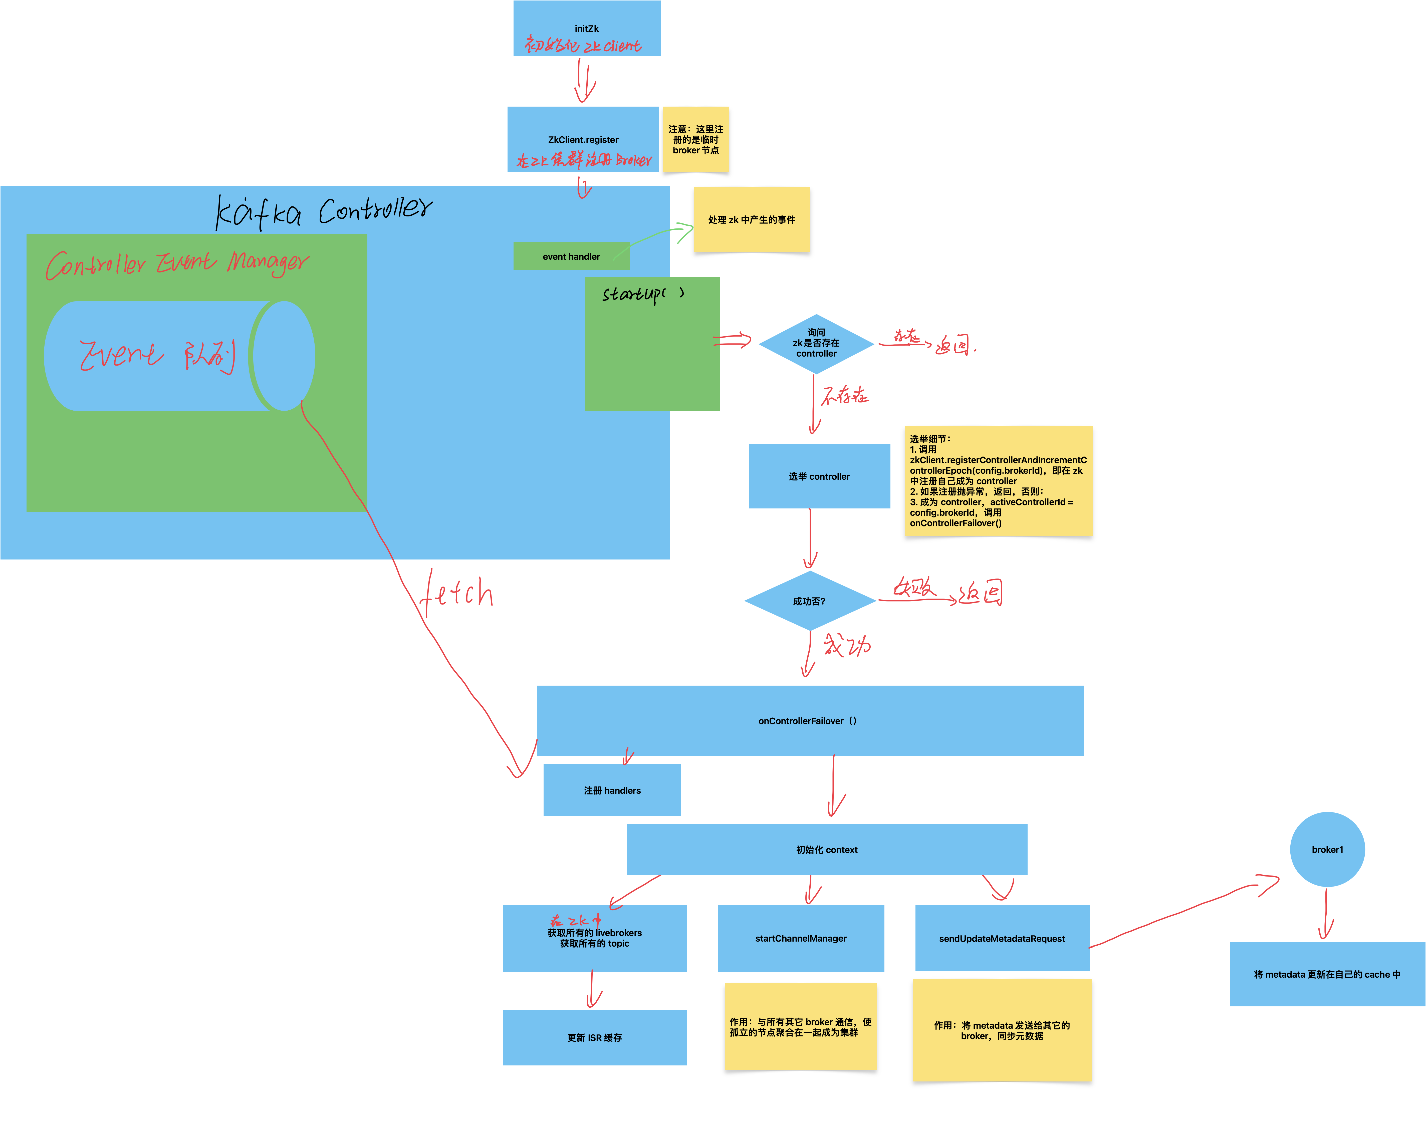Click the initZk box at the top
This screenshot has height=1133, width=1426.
click(x=587, y=29)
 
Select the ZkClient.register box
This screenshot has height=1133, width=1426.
click(x=583, y=140)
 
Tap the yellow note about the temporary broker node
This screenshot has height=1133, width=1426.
click(x=696, y=140)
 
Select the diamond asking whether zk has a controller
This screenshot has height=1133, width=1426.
click(x=816, y=343)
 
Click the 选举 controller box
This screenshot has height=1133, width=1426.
click(x=819, y=476)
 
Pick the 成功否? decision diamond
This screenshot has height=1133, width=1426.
click(x=810, y=601)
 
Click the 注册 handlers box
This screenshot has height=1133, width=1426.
click(x=612, y=790)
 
